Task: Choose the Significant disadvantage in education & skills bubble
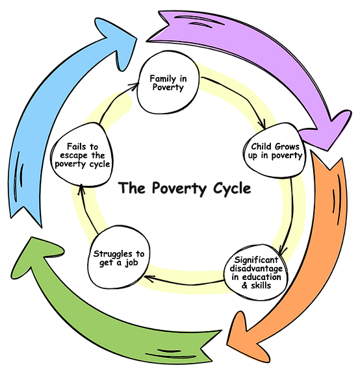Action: (x=259, y=271)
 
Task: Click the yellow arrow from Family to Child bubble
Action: (x=234, y=97)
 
